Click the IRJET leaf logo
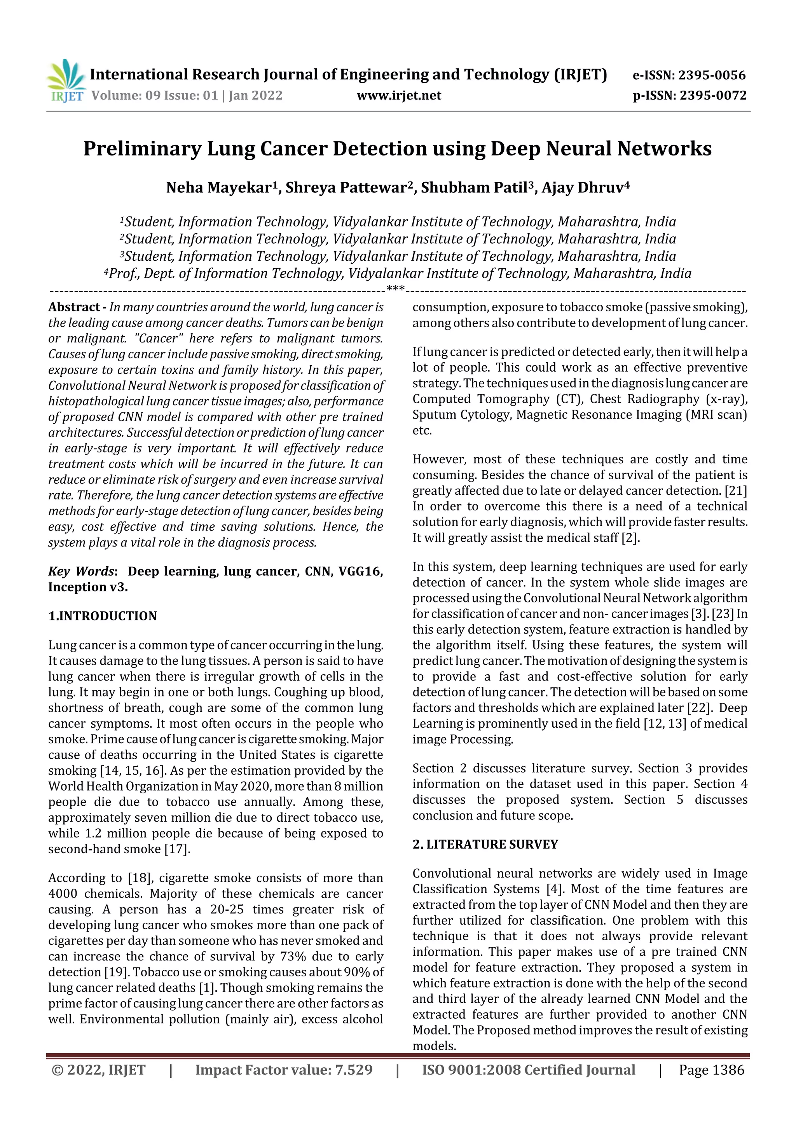[66, 79]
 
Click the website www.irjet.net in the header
[399, 96]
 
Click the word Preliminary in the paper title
[142, 148]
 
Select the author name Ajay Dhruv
[582, 188]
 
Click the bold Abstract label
[74, 307]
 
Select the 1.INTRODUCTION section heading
[103, 616]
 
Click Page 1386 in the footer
[711, 1070]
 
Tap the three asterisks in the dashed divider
[395, 289]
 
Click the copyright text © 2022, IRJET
[99, 1070]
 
